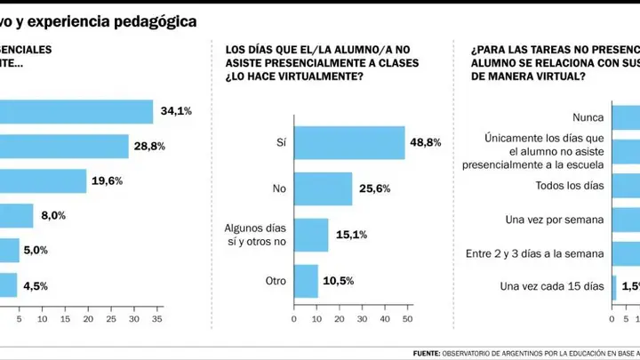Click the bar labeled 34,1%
pyautogui.click(x=76, y=111)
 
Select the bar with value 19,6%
pyautogui.click(x=44, y=180)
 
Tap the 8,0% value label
pyautogui.click(x=53, y=215)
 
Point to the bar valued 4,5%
pyautogui.click(x=9, y=285)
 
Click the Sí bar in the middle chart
pyautogui.click(x=349, y=142)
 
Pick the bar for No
pyautogui.click(x=324, y=188)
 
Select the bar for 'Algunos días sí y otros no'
pyautogui.click(x=311, y=235)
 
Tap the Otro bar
pyautogui.click(x=306, y=281)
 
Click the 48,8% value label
pyautogui.click(x=425, y=142)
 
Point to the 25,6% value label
pyautogui.click(x=375, y=188)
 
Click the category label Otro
pyautogui.click(x=276, y=281)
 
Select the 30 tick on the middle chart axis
pyautogui.click(x=362, y=319)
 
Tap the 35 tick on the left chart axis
pyautogui.click(x=157, y=319)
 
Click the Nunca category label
pyautogui.click(x=588, y=117)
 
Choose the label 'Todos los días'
pyautogui.click(x=570, y=186)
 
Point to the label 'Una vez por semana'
pyautogui.click(x=555, y=220)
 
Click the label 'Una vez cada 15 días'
pyautogui.click(x=552, y=286)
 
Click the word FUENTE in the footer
pyautogui.click(x=427, y=354)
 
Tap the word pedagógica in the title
pyautogui.click(x=156, y=22)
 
